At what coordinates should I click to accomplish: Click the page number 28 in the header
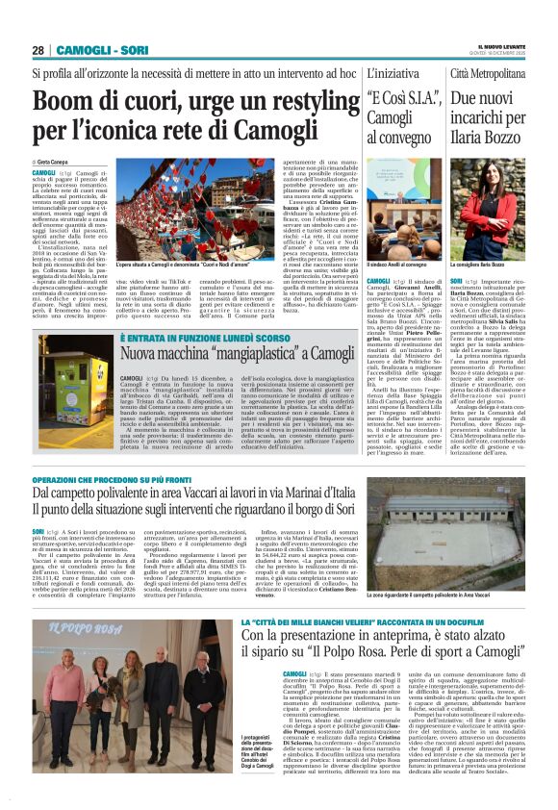[x=38, y=50]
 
